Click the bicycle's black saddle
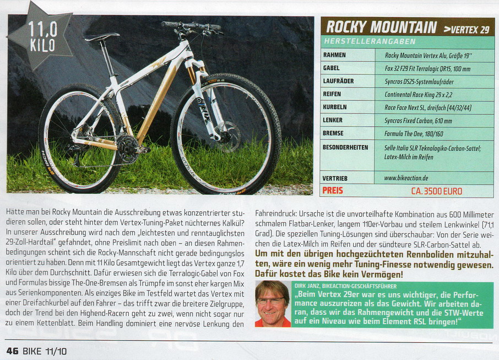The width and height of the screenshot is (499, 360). click(x=102, y=37)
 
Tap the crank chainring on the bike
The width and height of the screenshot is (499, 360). click(x=128, y=147)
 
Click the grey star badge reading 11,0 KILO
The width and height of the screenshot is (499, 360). click(x=42, y=36)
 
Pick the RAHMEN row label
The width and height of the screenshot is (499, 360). click(x=335, y=55)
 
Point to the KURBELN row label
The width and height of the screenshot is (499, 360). click(x=335, y=107)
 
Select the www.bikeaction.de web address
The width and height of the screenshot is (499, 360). click(x=407, y=179)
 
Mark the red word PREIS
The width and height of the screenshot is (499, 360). click(x=333, y=191)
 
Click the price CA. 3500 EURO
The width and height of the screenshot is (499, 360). click(x=437, y=191)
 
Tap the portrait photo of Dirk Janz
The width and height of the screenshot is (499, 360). click(x=273, y=304)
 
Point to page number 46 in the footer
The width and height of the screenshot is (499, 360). click(x=12, y=351)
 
